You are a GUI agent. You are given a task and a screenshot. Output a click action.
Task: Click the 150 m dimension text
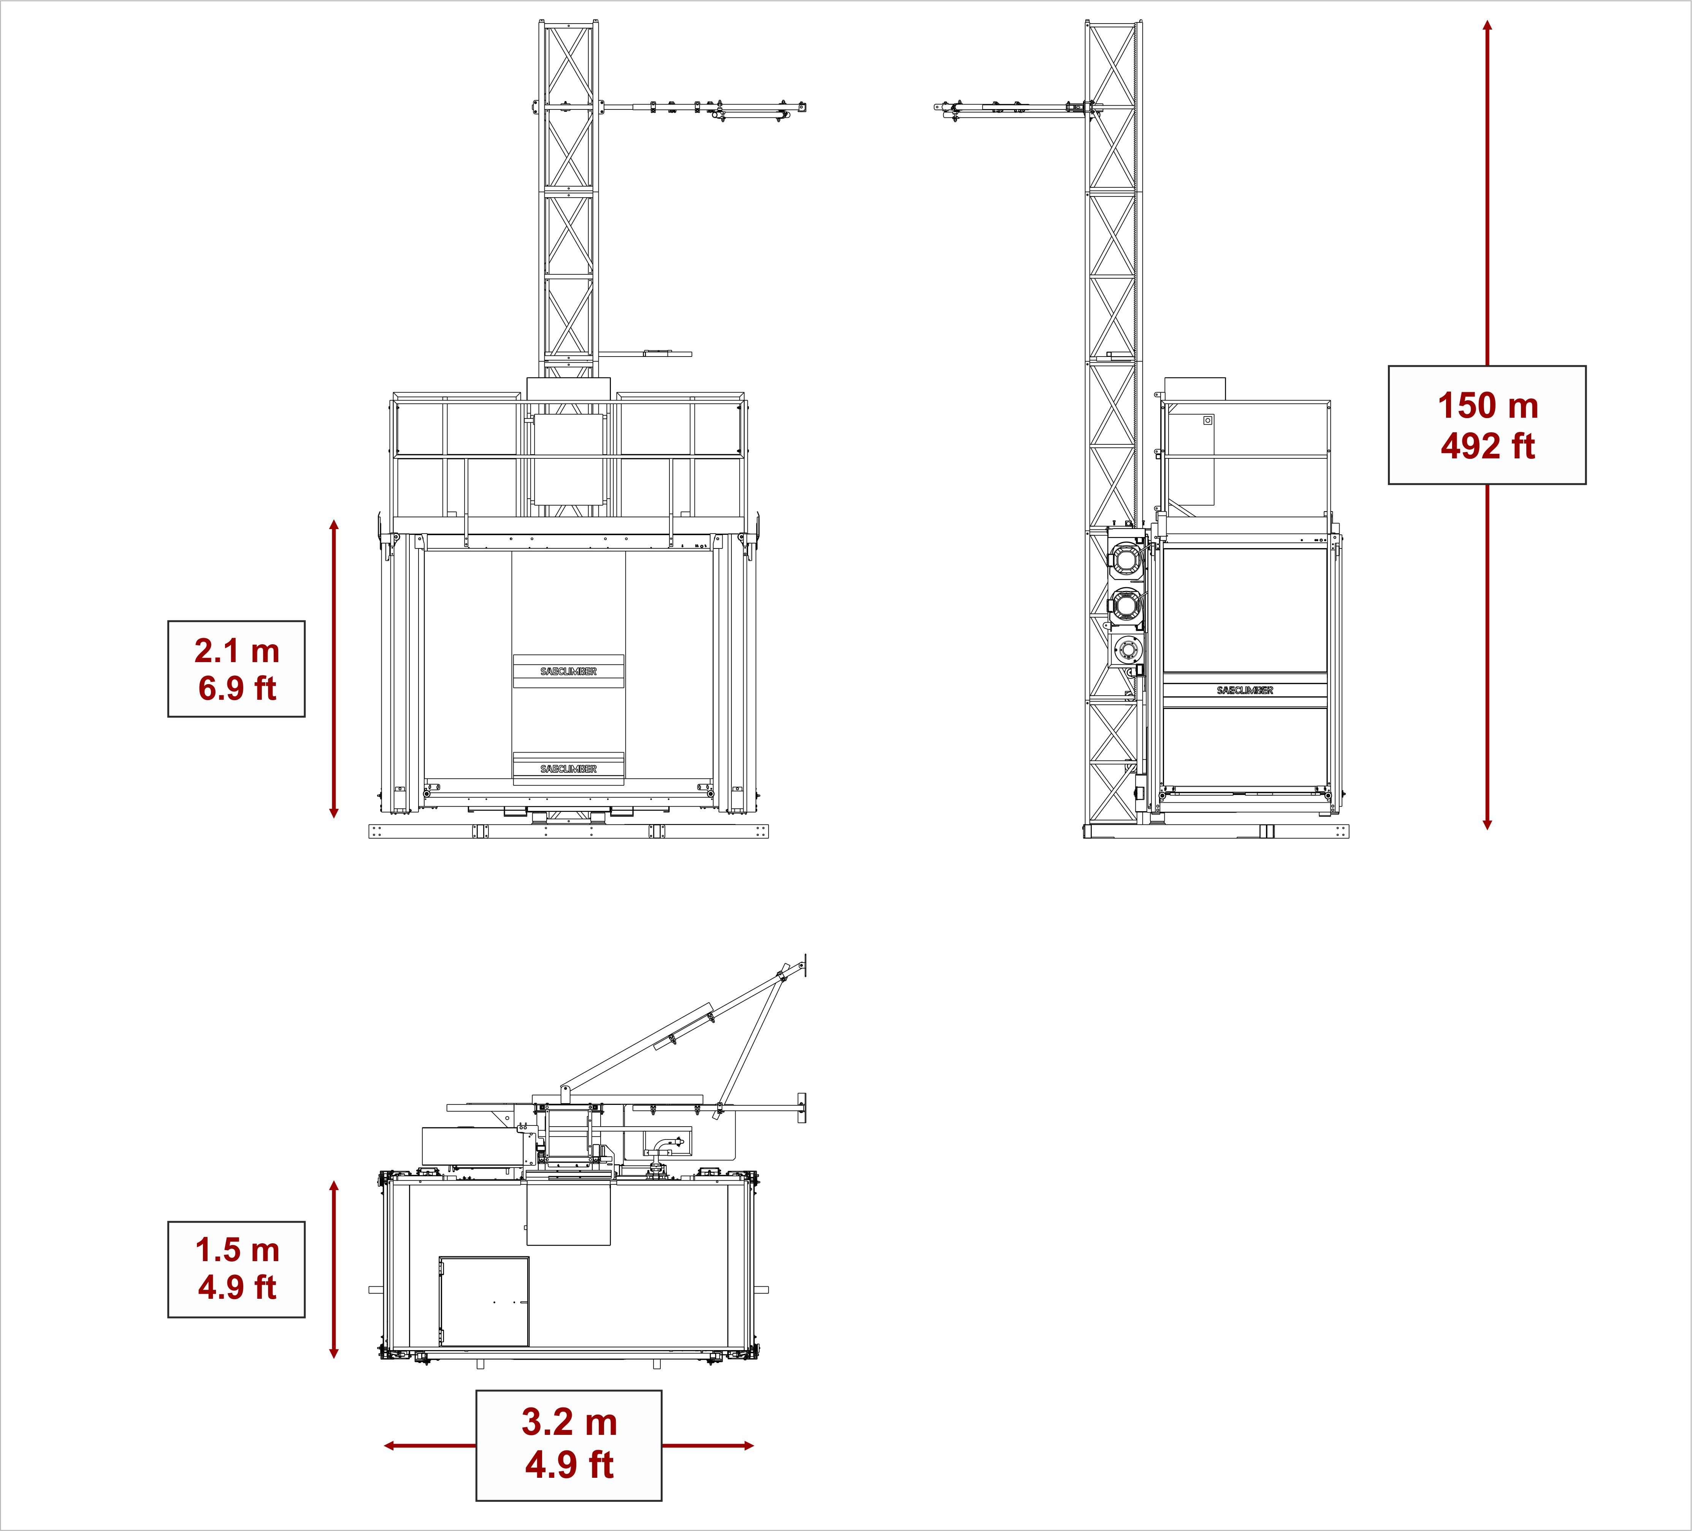point(1488,406)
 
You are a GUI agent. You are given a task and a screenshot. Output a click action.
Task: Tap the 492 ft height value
point(1488,447)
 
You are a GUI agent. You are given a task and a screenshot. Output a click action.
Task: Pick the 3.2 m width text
point(569,1422)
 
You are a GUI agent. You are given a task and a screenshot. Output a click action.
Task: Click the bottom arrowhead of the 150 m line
point(1487,825)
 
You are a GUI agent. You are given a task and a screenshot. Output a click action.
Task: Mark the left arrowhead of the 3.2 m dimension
point(389,1445)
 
